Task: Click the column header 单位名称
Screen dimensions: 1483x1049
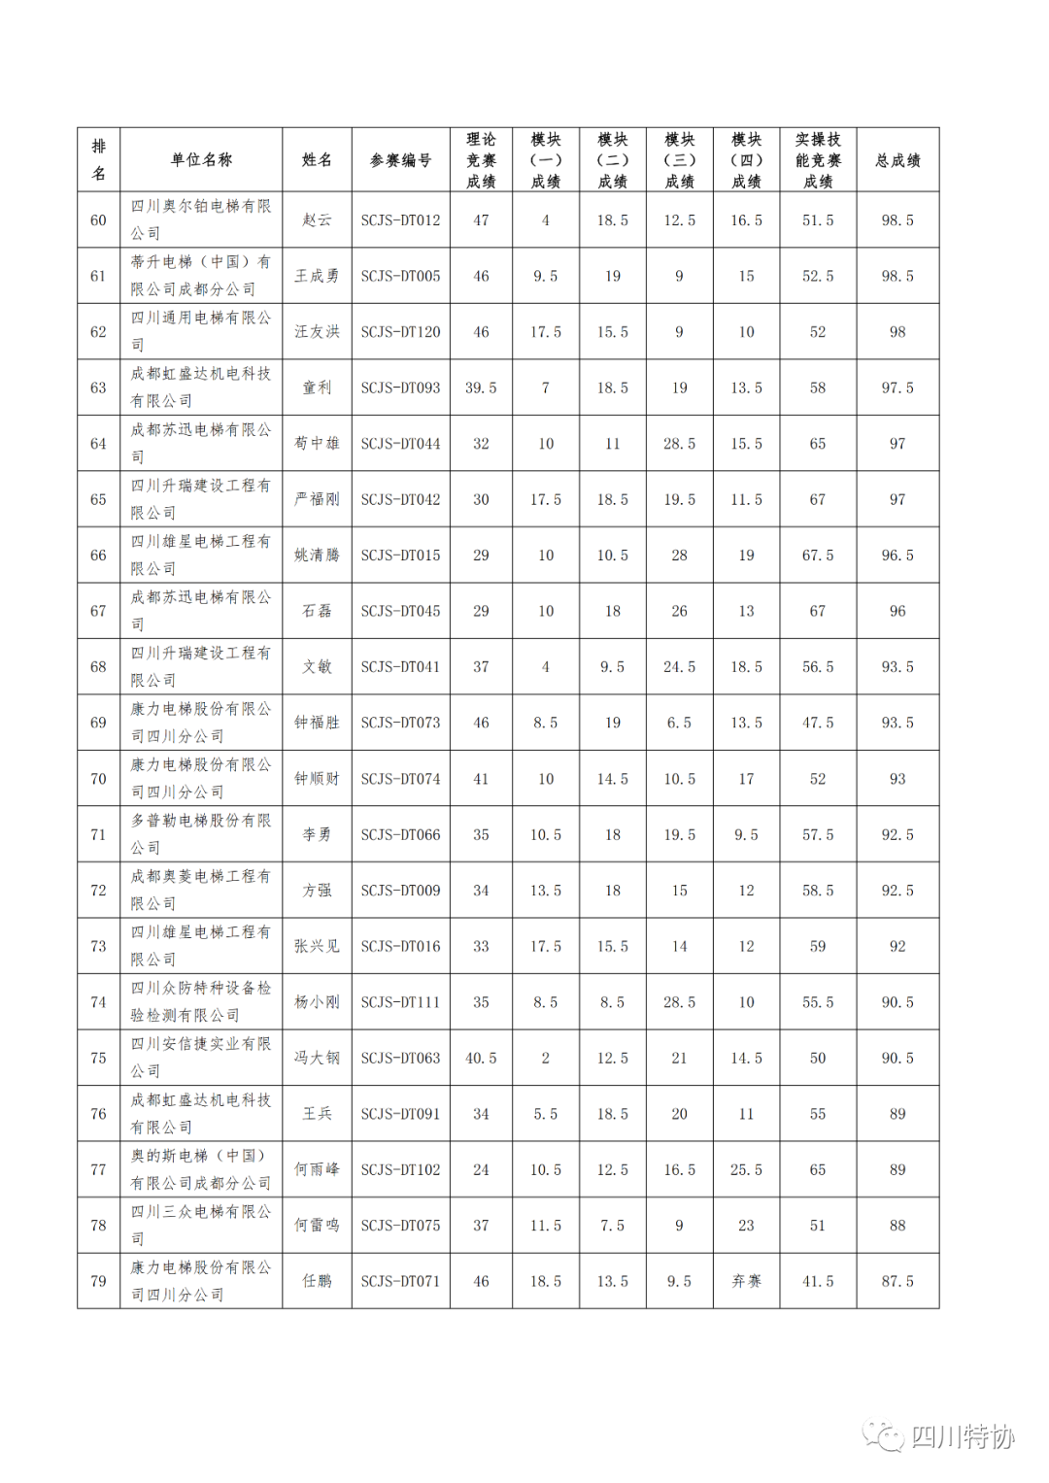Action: click(x=201, y=160)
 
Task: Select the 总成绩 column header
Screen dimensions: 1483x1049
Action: click(x=897, y=160)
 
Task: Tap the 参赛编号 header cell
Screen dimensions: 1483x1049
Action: click(x=400, y=160)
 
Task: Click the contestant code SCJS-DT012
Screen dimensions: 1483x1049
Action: click(x=400, y=220)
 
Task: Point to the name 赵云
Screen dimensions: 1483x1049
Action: click(x=317, y=220)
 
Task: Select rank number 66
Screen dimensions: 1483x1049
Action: click(x=98, y=556)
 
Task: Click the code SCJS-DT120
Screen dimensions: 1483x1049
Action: click(x=400, y=332)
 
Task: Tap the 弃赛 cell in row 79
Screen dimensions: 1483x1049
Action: click(x=746, y=1282)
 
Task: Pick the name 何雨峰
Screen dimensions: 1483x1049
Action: click(x=317, y=1170)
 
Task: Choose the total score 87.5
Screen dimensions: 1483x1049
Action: click(x=897, y=1282)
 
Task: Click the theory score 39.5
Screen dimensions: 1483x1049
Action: click(x=481, y=388)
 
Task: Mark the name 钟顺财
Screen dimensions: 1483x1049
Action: click(x=317, y=779)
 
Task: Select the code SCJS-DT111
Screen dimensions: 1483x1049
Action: click(x=400, y=1002)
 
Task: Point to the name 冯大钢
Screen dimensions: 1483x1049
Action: click(x=317, y=1059)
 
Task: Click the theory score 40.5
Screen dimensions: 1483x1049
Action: click(x=481, y=1059)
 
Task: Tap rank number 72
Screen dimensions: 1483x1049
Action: click(x=98, y=891)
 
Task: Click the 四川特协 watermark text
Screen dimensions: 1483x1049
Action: click(x=963, y=1436)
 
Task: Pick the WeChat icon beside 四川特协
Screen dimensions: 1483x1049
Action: click(x=883, y=1435)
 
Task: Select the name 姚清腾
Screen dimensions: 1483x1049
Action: click(x=317, y=556)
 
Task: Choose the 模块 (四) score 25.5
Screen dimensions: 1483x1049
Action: click(x=746, y=1170)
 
